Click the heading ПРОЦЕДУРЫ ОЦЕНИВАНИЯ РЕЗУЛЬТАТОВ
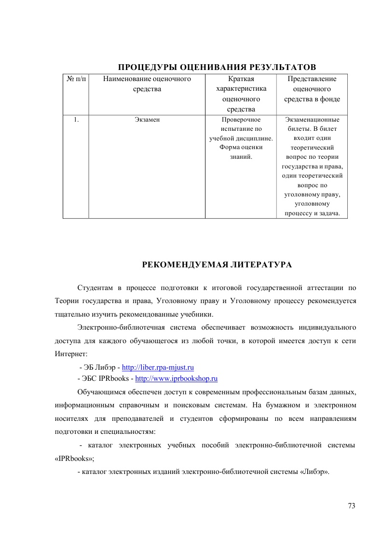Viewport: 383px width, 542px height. tap(217, 66)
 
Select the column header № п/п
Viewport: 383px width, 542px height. tap(76, 79)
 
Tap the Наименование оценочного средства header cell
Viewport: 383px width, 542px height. tap(147, 83)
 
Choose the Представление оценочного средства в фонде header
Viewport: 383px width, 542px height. tap(312, 89)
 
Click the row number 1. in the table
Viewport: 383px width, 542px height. tap(76, 120)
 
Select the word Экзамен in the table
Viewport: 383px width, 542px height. tap(147, 120)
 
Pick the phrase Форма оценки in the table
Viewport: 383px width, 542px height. tap(241, 148)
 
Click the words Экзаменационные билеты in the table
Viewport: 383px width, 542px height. tap(312, 124)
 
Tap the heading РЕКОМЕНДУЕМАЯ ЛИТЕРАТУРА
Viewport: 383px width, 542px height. tap(217, 265)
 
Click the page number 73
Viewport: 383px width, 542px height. tap(351, 506)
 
